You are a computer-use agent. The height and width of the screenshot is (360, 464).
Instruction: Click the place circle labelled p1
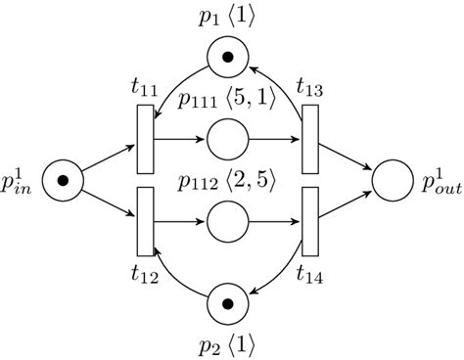[x=232, y=61]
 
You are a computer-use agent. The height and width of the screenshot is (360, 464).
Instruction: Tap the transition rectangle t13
[x=312, y=138]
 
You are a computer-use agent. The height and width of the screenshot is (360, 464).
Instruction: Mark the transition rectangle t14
[x=312, y=219]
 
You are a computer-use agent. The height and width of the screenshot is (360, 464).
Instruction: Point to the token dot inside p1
[x=232, y=61]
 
